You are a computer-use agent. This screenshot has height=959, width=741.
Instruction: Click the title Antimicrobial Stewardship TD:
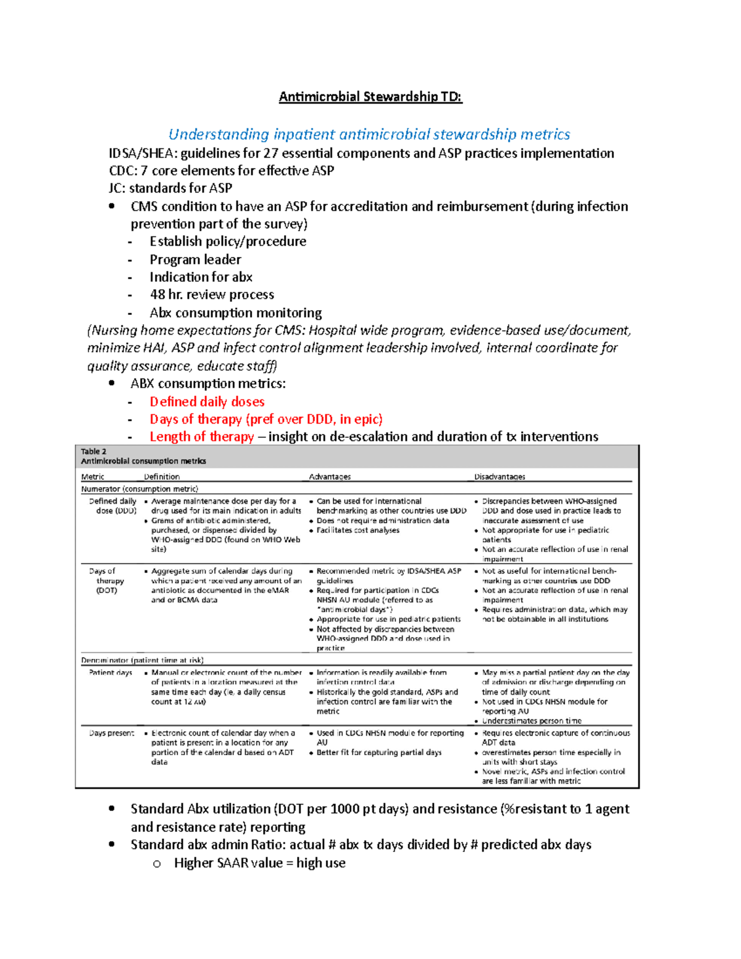click(x=370, y=96)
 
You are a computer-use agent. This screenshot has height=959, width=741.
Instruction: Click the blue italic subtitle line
click(x=369, y=134)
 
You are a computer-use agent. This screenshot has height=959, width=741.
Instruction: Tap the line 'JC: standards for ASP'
click(x=170, y=188)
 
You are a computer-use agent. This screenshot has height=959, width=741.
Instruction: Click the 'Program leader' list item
click(x=195, y=259)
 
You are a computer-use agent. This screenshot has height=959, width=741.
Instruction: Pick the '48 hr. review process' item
click(x=212, y=295)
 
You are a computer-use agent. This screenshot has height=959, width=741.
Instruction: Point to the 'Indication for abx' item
click(x=201, y=277)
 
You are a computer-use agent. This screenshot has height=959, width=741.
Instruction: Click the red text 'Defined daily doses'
click(x=207, y=401)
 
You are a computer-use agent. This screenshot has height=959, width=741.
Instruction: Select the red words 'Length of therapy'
click(x=202, y=437)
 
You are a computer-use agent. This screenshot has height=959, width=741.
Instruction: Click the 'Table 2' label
click(x=93, y=451)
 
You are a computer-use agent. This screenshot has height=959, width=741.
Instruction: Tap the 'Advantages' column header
click(x=330, y=477)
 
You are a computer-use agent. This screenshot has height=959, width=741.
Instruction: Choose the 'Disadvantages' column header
click(x=500, y=477)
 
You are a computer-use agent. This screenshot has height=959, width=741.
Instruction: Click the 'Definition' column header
click(x=162, y=477)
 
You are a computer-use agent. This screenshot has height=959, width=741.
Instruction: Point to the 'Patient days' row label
click(x=111, y=672)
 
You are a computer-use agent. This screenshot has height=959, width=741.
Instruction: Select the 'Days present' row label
click(x=112, y=733)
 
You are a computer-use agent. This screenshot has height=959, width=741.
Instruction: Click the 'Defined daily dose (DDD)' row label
click(x=112, y=506)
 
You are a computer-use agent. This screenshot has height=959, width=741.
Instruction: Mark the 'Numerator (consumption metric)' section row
click(x=140, y=488)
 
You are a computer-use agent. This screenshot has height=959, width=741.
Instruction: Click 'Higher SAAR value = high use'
click(x=259, y=863)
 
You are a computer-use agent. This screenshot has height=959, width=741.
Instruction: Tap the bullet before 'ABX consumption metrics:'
click(x=112, y=383)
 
